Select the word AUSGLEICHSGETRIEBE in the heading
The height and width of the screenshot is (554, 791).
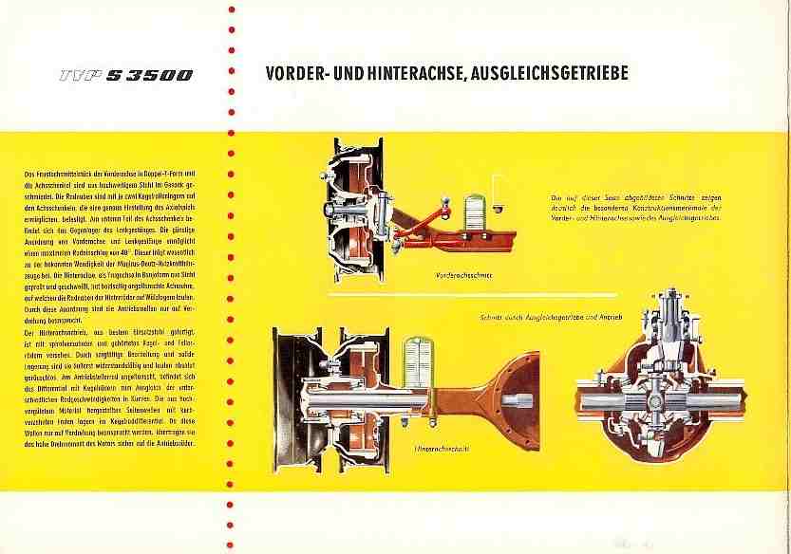coord(540,74)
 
